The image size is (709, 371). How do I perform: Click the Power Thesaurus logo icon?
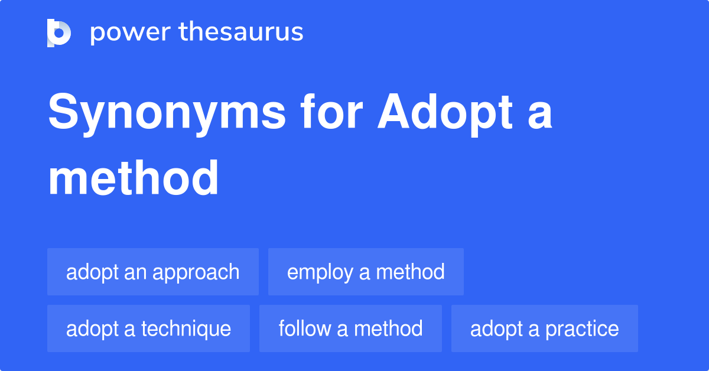59,32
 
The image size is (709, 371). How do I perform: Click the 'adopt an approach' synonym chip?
153,272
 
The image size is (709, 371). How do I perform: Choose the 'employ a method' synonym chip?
366,272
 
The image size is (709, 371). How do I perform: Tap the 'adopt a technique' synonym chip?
148,328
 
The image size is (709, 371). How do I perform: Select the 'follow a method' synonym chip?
350,328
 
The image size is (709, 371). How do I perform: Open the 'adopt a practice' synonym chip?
544,328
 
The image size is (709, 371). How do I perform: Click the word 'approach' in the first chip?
196,273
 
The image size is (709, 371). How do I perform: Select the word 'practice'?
582,328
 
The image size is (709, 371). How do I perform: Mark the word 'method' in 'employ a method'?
410,272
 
